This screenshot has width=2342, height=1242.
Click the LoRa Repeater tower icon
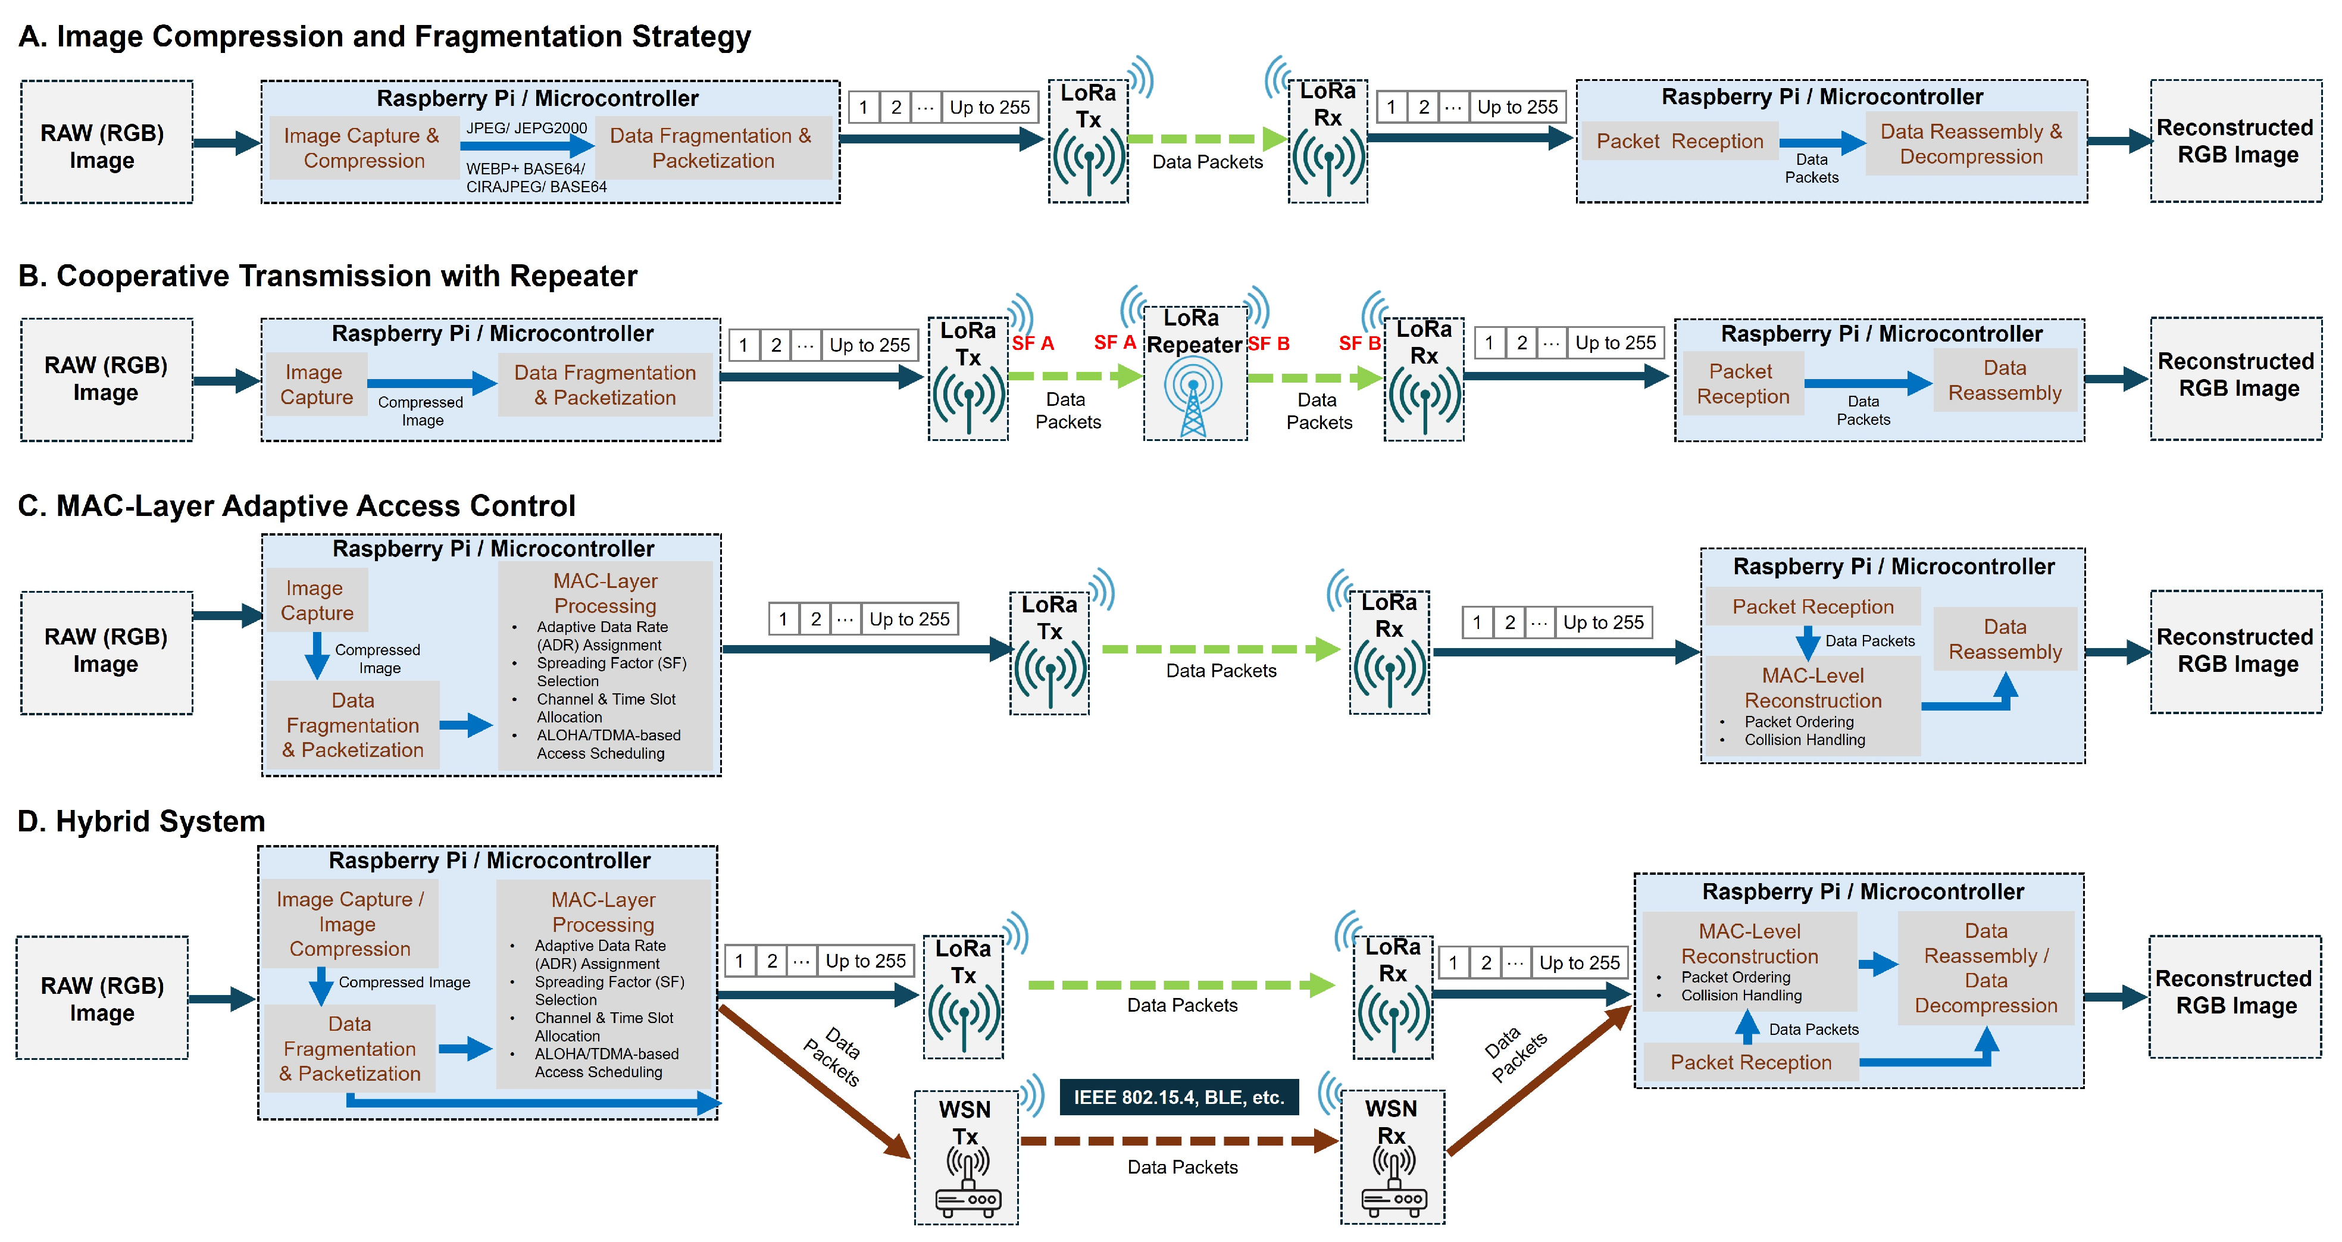pos(1193,396)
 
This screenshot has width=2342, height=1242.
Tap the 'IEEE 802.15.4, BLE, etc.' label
pos(1178,1097)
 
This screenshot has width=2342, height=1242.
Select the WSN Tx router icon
pos(967,1182)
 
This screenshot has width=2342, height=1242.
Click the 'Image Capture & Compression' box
pos(362,148)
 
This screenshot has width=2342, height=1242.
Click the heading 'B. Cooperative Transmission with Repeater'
pos(327,276)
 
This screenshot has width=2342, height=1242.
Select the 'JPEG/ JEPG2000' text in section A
pos(526,127)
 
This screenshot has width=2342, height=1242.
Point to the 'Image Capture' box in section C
pos(317,600)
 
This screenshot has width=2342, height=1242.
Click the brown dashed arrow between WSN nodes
pos(1178,1140)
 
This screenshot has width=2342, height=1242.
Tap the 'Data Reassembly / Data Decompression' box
pos(1985,968)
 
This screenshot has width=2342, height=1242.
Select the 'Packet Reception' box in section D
pos(1750,1062)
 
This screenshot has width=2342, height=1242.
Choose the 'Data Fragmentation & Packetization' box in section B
pos(605,384)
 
